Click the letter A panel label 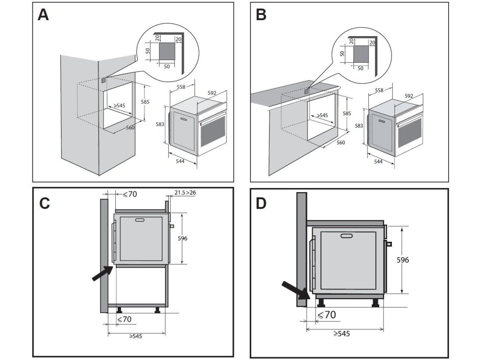(43, 15)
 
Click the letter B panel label (261, 15)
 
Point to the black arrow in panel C (102, 273)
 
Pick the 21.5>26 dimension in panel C (185, 193)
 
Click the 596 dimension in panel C (182, 238)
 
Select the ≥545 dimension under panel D (342, 334)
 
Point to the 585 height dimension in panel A (145, 101)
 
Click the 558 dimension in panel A (180, 87)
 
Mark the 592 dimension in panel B (409, 96)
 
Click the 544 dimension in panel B (378, 162)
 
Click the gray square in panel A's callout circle (166, 50)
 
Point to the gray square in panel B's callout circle (360, 54)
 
